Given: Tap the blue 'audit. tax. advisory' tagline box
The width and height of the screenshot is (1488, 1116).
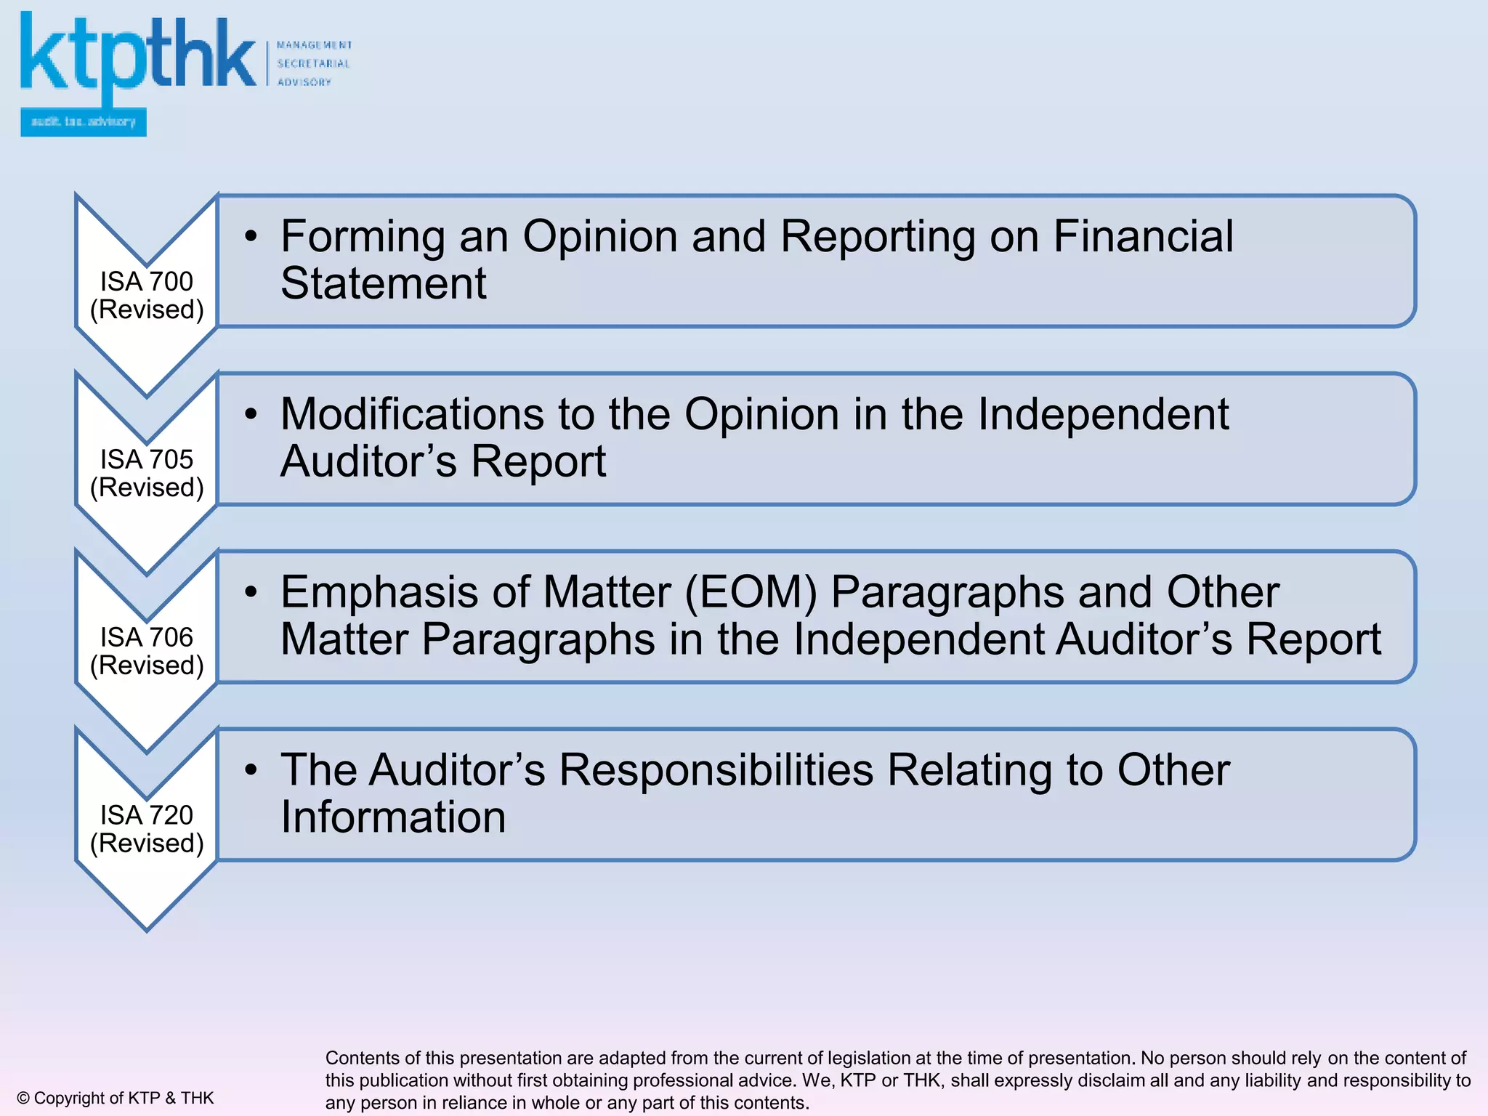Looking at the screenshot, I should [84, 122].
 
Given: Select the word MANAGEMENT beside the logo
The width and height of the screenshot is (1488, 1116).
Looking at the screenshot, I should [314, 45].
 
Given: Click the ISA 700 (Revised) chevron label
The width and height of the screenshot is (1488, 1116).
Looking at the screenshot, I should [147, 295].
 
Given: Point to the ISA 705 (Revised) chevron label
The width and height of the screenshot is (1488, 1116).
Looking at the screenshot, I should [147, 473].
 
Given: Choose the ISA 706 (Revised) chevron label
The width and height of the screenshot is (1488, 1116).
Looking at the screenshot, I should [147, 651].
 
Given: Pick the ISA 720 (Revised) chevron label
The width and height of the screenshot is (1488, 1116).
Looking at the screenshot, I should [147, 829].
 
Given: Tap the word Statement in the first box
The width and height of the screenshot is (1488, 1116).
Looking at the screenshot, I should [383, 283].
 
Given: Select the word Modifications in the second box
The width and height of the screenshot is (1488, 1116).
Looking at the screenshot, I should [413, 415].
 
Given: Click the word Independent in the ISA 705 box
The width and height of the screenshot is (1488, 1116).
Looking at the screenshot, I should [1103, 415].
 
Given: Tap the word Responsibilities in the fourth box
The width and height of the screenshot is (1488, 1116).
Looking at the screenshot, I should [716, 770].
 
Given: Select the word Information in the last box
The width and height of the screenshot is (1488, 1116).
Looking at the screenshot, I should [393, 817].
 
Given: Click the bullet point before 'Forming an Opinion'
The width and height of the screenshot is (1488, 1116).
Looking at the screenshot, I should [251, 236].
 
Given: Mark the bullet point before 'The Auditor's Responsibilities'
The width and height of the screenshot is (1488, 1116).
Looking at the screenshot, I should [251, 769].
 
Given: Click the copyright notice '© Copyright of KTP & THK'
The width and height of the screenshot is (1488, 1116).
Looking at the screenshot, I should [116, 1098].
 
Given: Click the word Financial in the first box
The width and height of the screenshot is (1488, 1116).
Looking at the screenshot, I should [1143, 237].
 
